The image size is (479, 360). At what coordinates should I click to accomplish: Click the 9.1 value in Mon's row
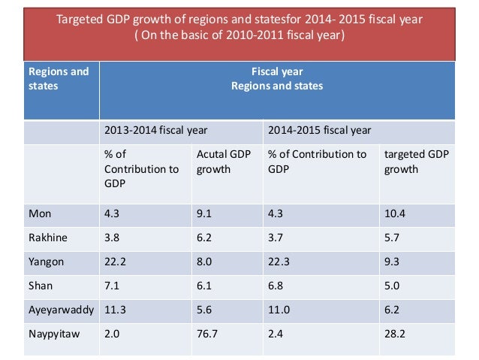[x=204, y=213]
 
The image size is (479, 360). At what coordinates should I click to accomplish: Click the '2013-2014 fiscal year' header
[x=155, y=130]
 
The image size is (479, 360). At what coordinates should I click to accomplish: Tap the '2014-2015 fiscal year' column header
[x=319, y=130]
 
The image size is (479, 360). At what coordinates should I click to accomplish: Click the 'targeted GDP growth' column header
[x=415, y=162]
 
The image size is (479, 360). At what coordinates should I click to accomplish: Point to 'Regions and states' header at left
[x=59, y=79]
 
